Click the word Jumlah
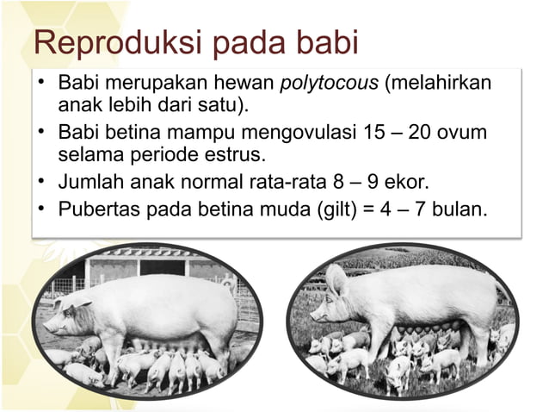coord(90,183)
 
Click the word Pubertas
coord(96,209)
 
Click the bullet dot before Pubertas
coord(40,209)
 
